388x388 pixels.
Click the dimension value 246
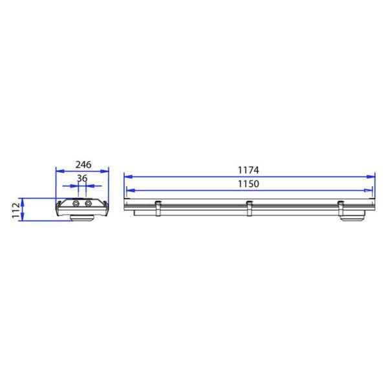coord(83,164)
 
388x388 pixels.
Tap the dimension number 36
coord(82,178)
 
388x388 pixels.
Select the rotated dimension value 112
coord(16,210)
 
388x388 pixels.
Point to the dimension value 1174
coord(248,170)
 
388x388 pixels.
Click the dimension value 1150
coord(248,184)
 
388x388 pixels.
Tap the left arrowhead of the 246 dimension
coord(60,171)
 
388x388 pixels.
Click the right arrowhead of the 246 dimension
coord(104,171)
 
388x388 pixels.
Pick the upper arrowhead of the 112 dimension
coord(22,202)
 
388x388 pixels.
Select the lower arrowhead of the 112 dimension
coord(22,217)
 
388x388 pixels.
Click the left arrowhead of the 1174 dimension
coord(128,177)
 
